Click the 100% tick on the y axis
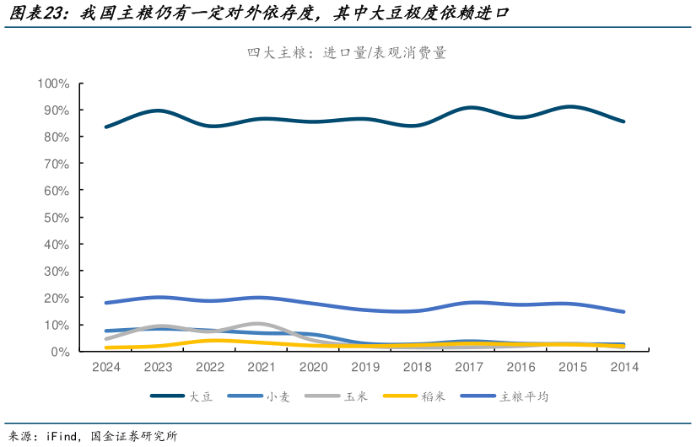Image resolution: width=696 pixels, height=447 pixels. click(x=52, y=83)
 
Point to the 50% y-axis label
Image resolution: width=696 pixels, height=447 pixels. click(x=55, y=218)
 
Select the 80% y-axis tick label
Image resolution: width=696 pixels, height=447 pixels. click(x=55, y=137)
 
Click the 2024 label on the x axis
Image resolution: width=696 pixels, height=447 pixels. click(x=105, y=367)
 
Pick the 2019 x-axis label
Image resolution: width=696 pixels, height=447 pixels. click(x=365, y=367)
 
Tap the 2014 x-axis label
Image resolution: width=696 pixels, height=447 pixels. click(x=624, y=367)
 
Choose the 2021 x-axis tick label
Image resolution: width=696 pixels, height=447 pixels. click(x=262, y=367)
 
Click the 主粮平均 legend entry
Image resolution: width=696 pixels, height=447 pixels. click(x=523, y=396)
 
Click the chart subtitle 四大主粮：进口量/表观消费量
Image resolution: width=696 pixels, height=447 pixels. click(x=347, y=52)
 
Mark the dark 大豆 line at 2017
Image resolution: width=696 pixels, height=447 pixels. click(x=469, y=108)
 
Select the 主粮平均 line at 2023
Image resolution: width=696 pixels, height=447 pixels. click(x=158, y=297)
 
